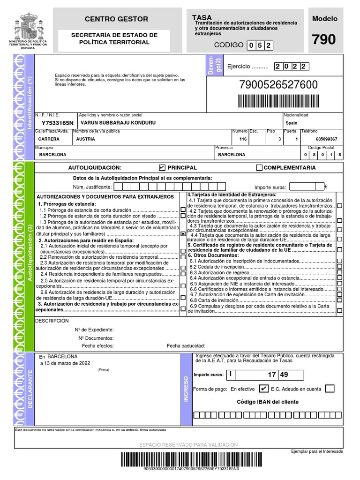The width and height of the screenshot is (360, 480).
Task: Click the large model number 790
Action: pyautogui.click(x=324, y=40)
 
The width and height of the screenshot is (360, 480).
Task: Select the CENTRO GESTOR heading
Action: pyautogui.click(x=116, y=19)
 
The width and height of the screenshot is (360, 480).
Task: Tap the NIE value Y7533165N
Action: pyautogui.click(x=58, y=123)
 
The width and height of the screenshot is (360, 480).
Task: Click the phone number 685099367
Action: pyautogui.click(x=326, y=139)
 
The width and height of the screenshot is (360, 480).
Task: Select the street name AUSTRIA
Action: pyautogui.click(x=85, y=139)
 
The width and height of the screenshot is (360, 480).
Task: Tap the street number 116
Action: pyautogui.click(x=242, y=139)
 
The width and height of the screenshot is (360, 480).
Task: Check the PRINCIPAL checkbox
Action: pyautogui.click(x=162, y=167)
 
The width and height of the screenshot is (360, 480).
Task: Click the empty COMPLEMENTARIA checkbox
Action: pyautogui.click(x=259, y=168)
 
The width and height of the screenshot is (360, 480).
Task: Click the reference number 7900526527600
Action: pyautogui.click(x=278, y=85)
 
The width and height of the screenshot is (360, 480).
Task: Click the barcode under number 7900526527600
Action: pyautogui.click(x=278, y=101)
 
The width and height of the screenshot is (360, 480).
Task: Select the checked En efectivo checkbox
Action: pyautogui.click(x=263, y=389)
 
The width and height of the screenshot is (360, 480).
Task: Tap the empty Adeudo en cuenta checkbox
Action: pyautogui.click(x=330, y=389)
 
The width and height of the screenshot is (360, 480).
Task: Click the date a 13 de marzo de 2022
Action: pyautogui.click(x=65, y=363)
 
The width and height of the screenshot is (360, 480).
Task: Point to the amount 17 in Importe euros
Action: pyautogui.click(x=272, y=375)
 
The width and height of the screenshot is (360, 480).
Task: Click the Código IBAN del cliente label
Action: pyautogui.click(x=267, y=402)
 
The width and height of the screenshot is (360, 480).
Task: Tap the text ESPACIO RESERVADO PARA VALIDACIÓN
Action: pyautogui.click(x=188, y=444)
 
